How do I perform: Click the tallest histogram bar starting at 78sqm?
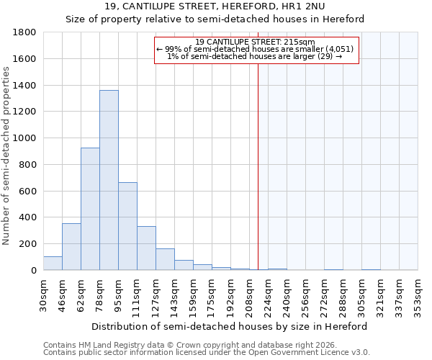(109, 180)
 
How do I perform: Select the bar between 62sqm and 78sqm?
(90, 209)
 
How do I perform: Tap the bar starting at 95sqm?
(127, 226)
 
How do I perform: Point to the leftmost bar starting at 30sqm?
(53, 264)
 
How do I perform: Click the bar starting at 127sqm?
(165, 259)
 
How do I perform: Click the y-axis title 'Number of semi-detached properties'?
(7, 156)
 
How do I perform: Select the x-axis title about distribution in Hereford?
(230, 326)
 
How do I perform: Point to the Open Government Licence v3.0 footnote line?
(207, 352)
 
